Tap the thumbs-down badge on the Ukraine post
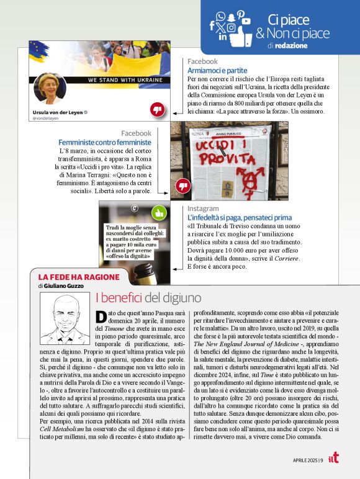coord(158,110)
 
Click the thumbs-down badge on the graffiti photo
coord(182,186)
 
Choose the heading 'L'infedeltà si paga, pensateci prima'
coord(240,218)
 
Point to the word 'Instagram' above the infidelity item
coord(203,209)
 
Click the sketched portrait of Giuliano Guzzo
coord(65,320)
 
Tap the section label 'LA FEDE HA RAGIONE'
coord(68,277)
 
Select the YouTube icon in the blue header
coord(246,20)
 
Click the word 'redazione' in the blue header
coord(290,46)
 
